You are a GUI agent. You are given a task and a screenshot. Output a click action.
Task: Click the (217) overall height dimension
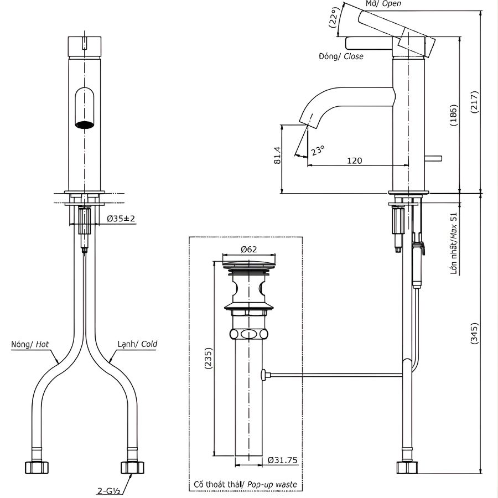point(474,100)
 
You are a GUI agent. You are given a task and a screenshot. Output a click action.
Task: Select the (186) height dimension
point(454,116)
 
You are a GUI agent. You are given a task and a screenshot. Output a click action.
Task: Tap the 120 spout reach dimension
point(355,160)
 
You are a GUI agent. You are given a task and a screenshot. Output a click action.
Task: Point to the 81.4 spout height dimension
point(277,156)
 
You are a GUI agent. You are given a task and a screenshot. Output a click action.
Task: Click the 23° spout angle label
point(317,149)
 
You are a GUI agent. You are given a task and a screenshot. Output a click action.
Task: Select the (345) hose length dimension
point(474,334)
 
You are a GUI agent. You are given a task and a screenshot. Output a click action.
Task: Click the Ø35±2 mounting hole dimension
point(121,219)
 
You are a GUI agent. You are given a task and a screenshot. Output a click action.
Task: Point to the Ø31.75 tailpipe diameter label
point(282,460)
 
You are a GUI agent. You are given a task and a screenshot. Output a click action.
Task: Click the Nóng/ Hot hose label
point(30,344)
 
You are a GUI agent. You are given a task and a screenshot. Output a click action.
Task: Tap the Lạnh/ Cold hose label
point(137,344)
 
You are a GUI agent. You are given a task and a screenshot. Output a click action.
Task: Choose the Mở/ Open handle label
point(383,4)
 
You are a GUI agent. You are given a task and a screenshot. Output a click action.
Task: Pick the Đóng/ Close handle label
point(341,56)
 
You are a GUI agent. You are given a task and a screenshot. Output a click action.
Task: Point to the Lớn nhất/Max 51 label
point(454,244)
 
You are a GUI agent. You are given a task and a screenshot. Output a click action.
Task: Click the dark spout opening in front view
point(84,124)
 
